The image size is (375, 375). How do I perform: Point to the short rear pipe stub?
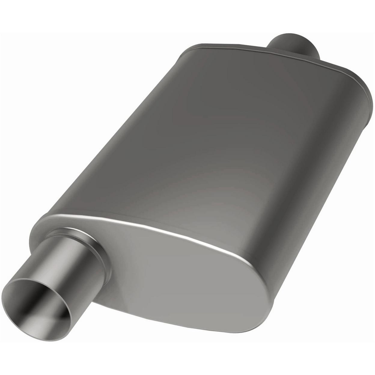293,45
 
